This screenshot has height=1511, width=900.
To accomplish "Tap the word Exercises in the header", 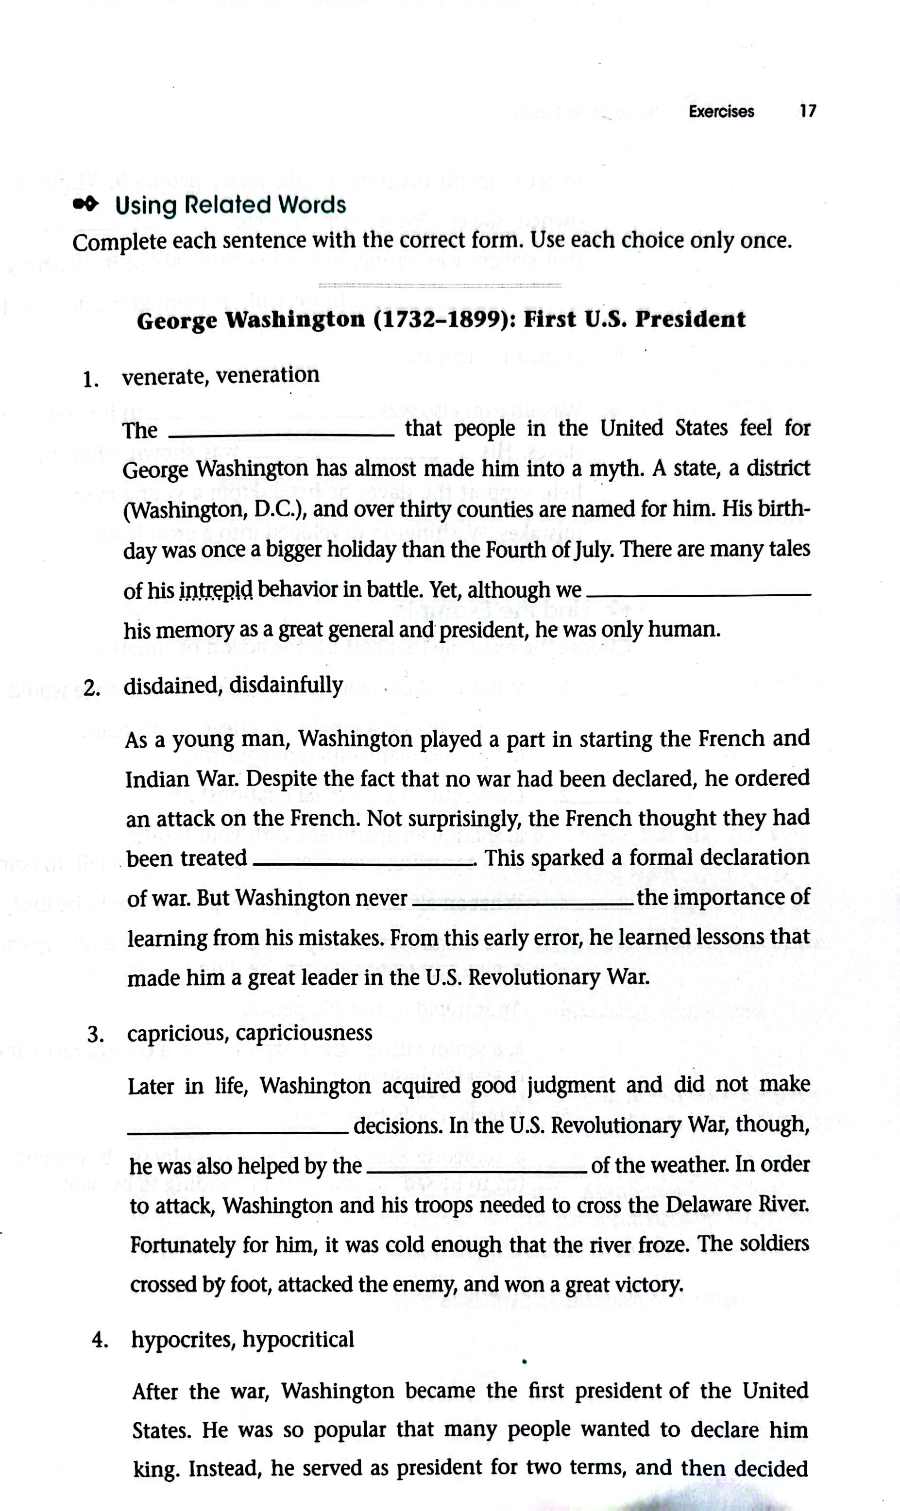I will tap(721, 112).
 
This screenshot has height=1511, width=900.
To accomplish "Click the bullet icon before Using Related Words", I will tap(85, 205).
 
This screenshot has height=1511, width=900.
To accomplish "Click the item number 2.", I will tap(92, 688).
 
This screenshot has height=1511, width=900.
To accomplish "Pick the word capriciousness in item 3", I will tap(304, 1033).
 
